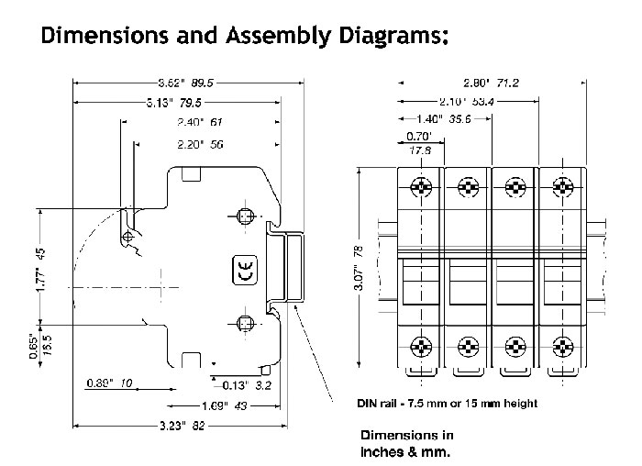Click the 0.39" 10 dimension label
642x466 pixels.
(x=111, y=383)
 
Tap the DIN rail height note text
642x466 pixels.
(x=447, y=403)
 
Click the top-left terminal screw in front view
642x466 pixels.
(x=421, y=187)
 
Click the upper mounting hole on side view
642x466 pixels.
(x=243, y=216)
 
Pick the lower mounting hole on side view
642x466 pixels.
(x=243, y=322)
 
